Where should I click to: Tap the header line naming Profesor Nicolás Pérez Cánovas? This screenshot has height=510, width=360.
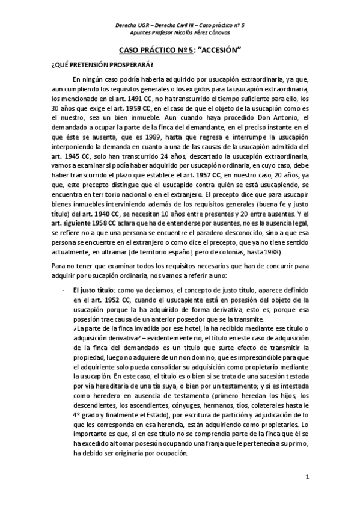click(180, 33)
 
